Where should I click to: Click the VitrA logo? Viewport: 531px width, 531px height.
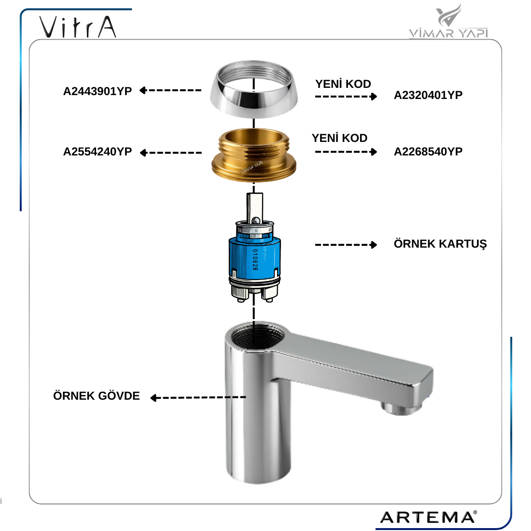[78, 27]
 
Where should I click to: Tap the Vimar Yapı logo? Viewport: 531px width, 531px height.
[448, 21]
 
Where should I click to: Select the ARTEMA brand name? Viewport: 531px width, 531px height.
[429, 517]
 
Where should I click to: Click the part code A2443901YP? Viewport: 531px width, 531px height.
[98, 91]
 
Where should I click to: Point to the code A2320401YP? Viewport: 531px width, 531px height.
[428, 95]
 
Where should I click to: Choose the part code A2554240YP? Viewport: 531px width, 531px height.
[98, 152]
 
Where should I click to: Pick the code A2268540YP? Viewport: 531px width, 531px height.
[428, 152]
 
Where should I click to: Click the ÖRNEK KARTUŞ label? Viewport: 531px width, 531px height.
[440, 244]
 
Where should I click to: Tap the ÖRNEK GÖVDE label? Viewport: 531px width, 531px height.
[97, 395]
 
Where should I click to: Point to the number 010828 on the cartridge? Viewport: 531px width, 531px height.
[255, 260]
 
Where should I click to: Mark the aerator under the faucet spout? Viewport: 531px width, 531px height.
[401, 407]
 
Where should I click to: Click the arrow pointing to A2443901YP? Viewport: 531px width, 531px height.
[170, 90]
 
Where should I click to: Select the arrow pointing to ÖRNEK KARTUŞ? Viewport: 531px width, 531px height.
[346, 245]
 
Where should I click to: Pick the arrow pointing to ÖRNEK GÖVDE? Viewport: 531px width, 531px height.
[198, 398]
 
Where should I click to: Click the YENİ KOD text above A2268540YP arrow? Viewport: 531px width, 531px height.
[339, 138]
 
